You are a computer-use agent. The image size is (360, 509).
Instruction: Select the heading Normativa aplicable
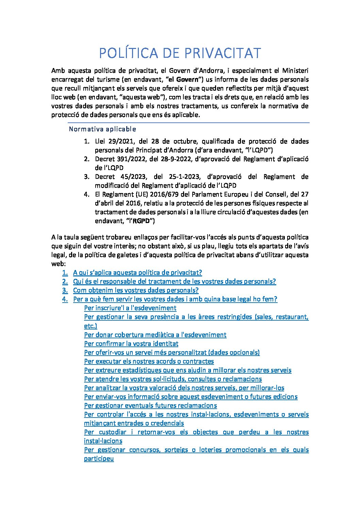click(x=102, y=129)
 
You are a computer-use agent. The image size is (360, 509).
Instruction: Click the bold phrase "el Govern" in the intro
click(x=184, y=80)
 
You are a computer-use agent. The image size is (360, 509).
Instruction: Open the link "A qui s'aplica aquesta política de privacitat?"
click(x=137, y=273)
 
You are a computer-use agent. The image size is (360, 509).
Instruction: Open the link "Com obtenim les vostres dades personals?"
click(x=136, y=290)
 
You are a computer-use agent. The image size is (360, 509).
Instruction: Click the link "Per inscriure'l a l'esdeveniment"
click(x=130, y=308)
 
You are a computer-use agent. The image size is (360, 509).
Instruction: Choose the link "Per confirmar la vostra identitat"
click(x=131, y=344)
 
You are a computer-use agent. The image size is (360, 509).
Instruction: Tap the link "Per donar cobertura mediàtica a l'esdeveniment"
click(x=155, y=335)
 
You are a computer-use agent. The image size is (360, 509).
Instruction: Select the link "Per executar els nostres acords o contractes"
click(x=149, y=361)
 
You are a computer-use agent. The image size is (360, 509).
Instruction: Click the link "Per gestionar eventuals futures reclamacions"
click(x=150, y=406)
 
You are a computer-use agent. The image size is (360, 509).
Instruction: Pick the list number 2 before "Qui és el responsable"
click(x=65, y=282)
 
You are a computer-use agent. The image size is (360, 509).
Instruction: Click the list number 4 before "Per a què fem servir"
click(x=65, y=299)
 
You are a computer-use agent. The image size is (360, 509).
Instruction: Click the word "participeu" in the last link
click(x=99, y=459)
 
